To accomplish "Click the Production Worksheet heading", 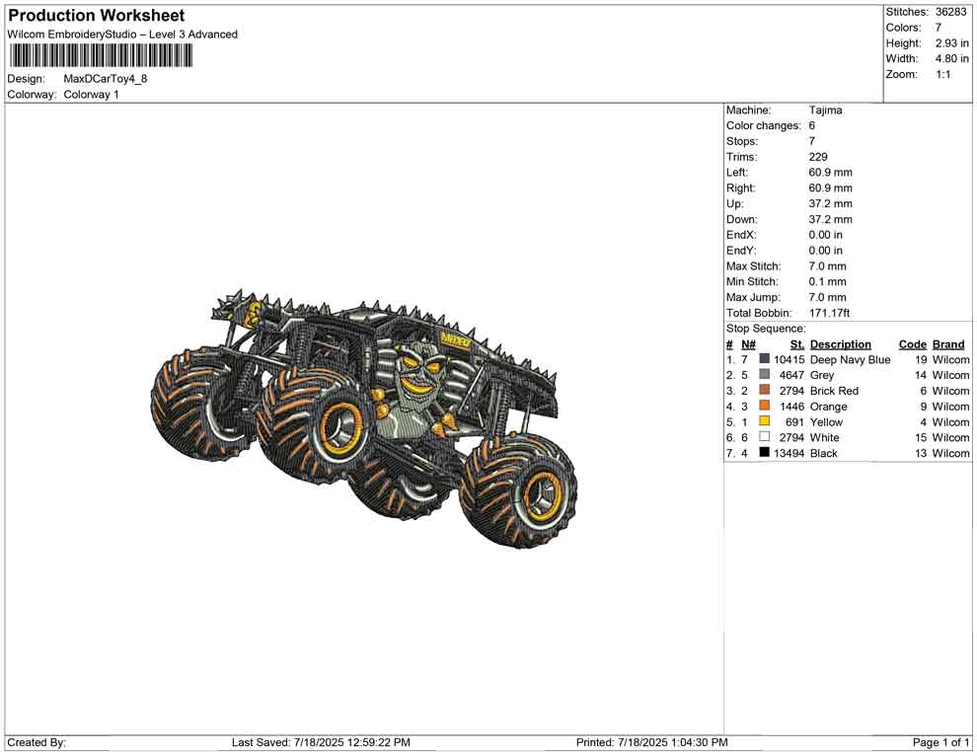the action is click(97, 16).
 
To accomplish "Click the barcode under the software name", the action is click(100, 56).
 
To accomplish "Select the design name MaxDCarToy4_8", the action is click(106, 79).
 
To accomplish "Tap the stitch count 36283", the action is click(950, 12).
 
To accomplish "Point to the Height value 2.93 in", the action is click(951, 43).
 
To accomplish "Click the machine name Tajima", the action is click(826, 111).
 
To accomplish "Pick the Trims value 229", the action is click(818, 157).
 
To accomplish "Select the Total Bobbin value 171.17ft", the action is click(829, 313).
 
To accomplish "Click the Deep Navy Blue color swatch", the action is click(764, 359).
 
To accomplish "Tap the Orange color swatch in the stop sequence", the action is click(764, 406).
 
